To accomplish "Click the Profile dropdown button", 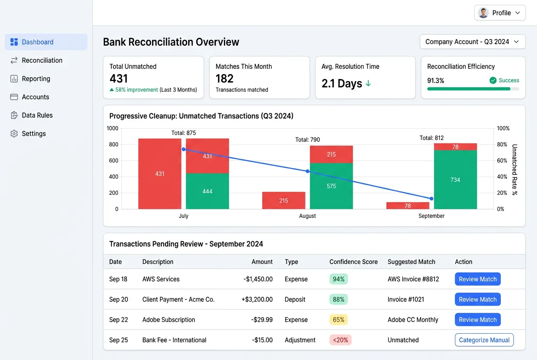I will [500, 13].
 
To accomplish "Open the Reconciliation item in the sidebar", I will [42, 60].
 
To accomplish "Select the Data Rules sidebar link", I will [37, 115].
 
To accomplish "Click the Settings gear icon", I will [14, 134].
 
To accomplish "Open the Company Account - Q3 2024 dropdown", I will [472, 42].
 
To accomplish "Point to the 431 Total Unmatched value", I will [119, 79].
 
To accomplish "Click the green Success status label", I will [509, 80].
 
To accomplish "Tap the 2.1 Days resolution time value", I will [342, 83].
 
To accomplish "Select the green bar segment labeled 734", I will [455, 180].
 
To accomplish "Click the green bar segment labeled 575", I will [331, 186].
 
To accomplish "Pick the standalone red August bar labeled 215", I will [283, 200].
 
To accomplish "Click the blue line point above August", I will [308, 171].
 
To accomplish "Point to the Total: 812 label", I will [432, 138].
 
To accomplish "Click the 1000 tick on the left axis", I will [113, 128].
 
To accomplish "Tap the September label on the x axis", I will [431, 216].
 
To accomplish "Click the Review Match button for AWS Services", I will [478, 279].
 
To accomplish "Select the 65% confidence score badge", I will [339, 320].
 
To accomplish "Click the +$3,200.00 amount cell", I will [257, 299].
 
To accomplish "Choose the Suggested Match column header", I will [411, 262].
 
